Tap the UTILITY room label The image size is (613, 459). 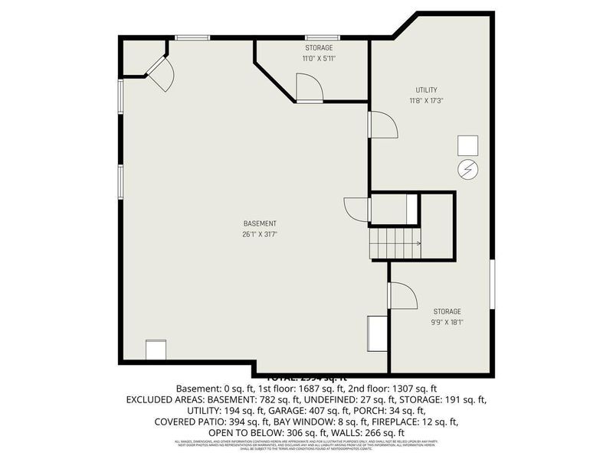coord(427,90)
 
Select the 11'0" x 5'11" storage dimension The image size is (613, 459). coord(319,58)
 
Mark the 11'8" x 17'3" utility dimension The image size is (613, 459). coord(427,100)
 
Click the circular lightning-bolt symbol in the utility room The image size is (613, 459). coord(467,170)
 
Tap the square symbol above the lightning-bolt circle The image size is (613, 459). coord(467,145)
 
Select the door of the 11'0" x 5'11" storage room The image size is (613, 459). coord(310,88)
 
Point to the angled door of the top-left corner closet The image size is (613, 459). coord(161,73)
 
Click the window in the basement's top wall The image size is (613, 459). coord(192,37)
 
